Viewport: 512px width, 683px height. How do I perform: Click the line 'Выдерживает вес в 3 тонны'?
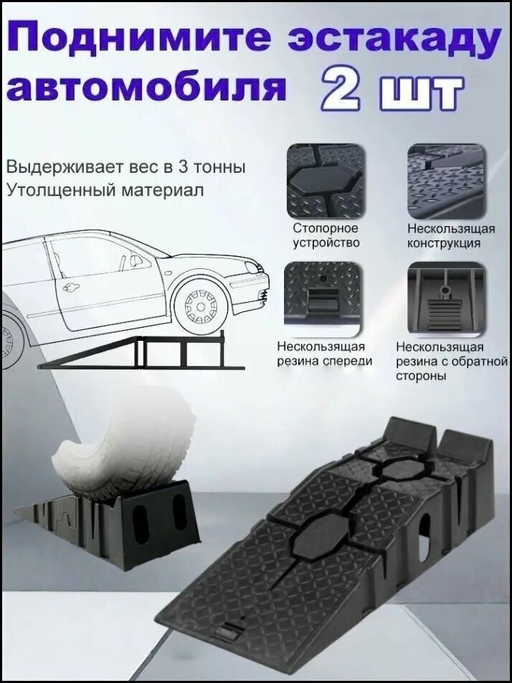125,166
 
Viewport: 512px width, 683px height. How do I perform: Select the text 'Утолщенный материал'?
104,190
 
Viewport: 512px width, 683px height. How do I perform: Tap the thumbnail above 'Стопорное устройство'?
326,181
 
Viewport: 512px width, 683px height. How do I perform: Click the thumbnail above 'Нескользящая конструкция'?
445,181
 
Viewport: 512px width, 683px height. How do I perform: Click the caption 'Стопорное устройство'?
326,235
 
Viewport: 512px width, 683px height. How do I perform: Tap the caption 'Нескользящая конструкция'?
450,235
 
